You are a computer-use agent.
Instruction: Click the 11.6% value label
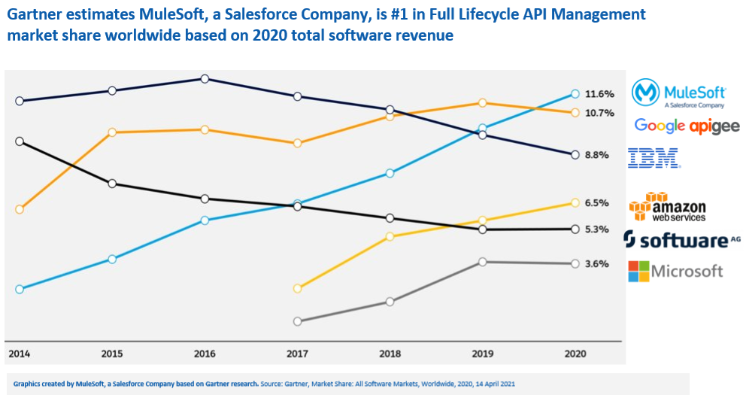[600, 94]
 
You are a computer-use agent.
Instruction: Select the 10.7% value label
[600, 113]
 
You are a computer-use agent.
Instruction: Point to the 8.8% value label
[596, 155]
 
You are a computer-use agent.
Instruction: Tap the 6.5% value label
[596, 203]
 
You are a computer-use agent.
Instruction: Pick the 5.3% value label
[596, 229]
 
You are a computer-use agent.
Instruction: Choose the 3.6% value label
[596, 264]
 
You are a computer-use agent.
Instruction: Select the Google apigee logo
[687, 126]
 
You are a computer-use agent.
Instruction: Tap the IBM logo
[654, 158]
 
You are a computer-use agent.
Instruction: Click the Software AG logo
[682, 240]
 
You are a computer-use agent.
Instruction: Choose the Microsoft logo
[675, 271]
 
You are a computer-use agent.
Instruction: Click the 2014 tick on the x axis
[20, 353]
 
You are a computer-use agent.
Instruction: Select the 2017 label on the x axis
[298, 353]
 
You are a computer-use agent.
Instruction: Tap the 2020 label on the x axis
[575, 353]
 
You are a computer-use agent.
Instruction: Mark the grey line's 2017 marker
[298, 321]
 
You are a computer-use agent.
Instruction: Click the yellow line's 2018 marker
[390, 236]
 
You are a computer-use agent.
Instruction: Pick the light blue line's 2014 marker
[20, 289]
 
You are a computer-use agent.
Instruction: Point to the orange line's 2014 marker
[20, 209]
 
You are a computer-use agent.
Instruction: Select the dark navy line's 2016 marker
[205, 79]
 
